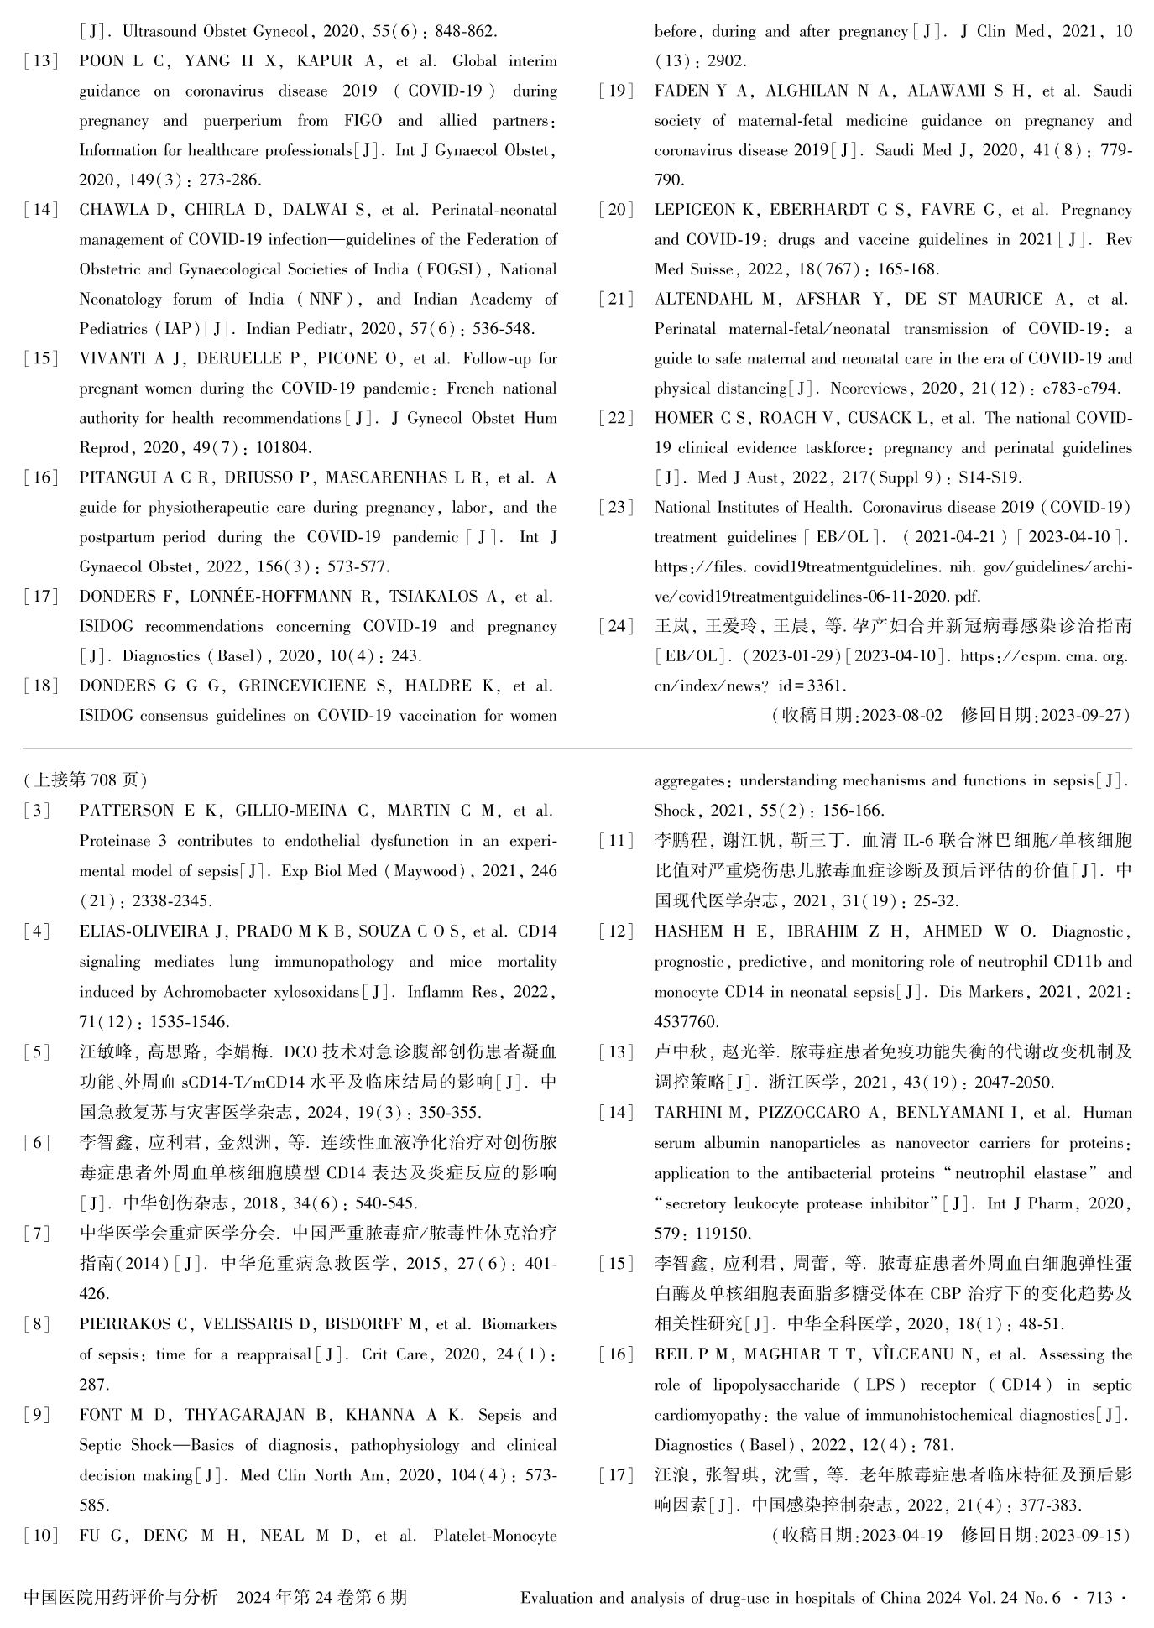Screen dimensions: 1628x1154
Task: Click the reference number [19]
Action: (617, 91)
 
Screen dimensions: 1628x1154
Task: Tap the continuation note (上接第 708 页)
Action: (86, 780)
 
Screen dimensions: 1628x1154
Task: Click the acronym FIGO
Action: (363, 121)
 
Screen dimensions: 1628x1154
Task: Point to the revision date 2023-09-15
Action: (1083, 1535)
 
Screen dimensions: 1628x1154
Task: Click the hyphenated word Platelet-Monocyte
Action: (495, 1536)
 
